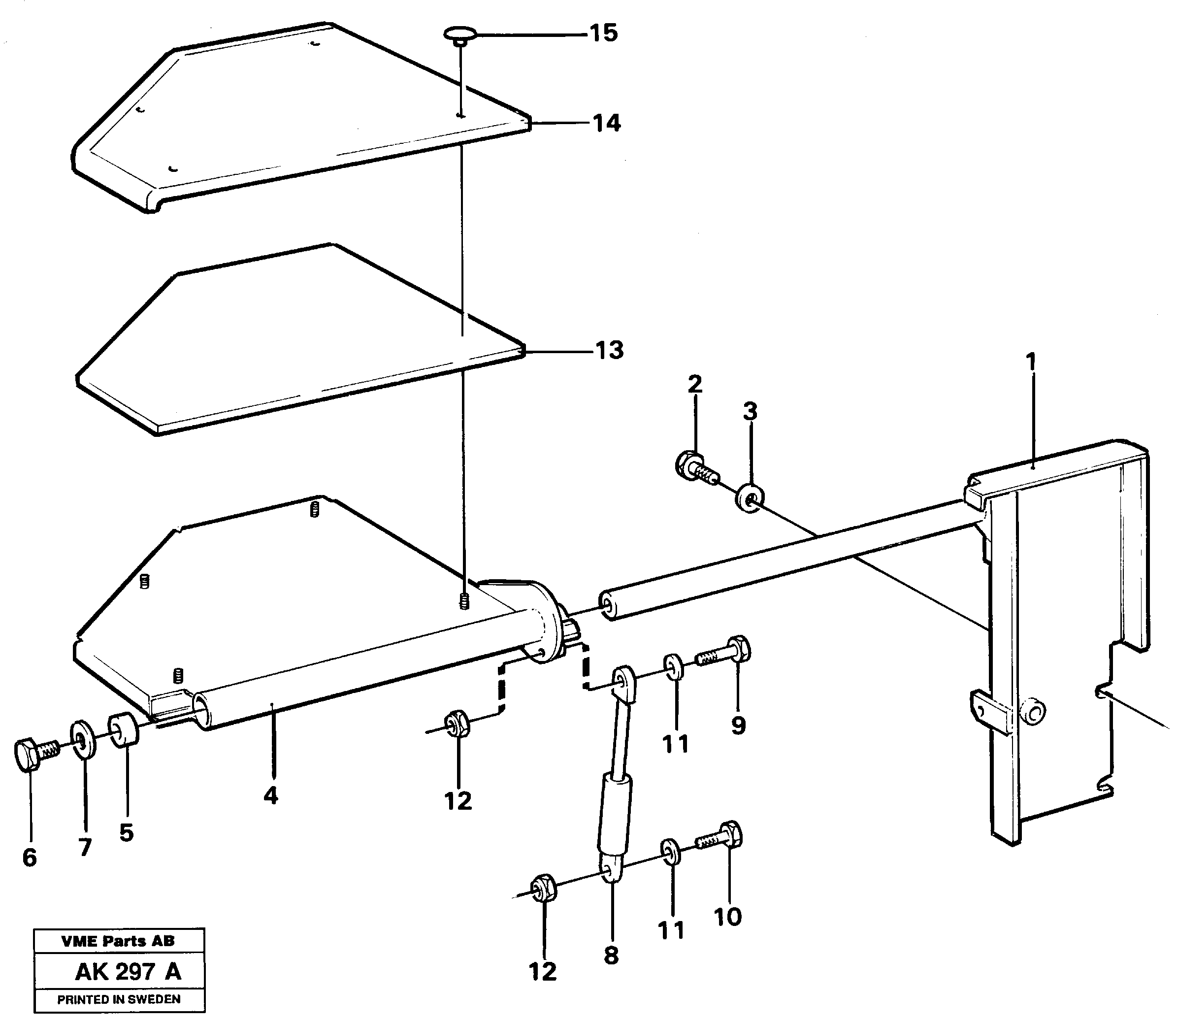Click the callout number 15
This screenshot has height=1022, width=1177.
point(603,33)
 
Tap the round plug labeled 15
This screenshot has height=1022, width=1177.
point(459,33)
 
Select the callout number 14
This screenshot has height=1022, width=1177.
point(606,123)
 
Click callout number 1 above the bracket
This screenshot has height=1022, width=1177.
point(1030,362)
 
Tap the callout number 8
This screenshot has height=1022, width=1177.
point(611,956)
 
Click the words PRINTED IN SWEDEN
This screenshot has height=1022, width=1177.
point(119,999)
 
